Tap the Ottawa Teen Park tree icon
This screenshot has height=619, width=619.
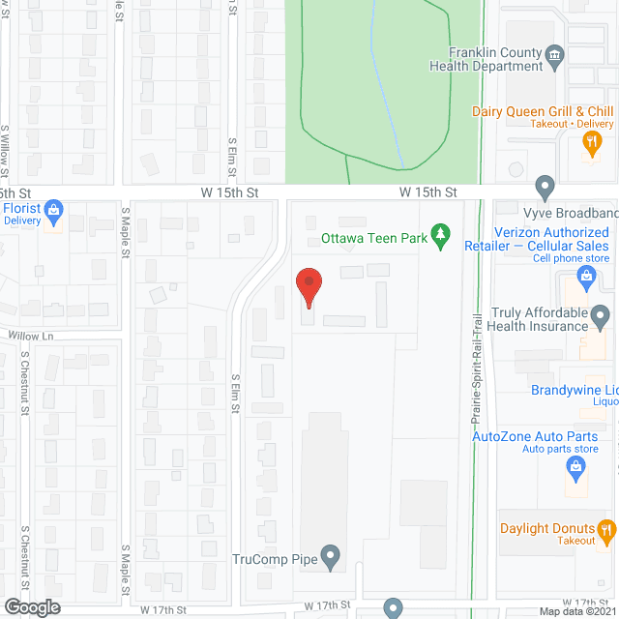tap(441, 234)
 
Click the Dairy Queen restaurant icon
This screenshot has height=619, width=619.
tap(590, 143)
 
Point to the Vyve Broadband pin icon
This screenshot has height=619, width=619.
tap(545, 185)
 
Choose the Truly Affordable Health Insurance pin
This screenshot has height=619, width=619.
tap(601, 314)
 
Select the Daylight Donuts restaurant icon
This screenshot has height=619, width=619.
tap(605, 528)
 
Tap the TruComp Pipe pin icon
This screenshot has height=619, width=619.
tap(331, 557)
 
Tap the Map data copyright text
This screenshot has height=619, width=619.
tap(577, 611)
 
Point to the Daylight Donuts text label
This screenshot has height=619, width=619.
tap(547, 529)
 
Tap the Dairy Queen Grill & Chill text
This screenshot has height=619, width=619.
tap(543, 111)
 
